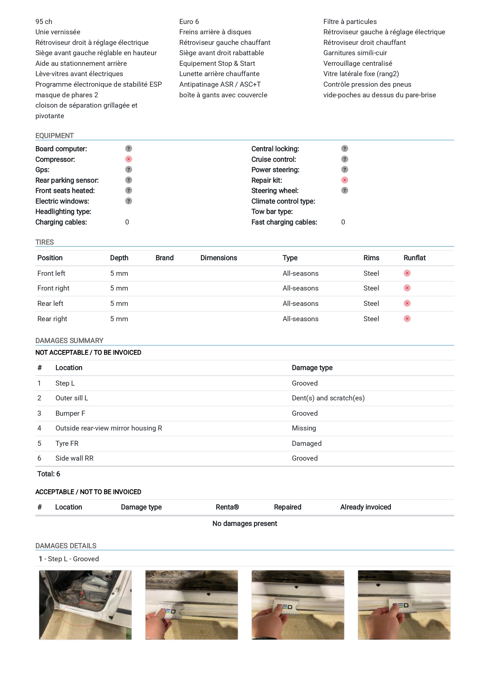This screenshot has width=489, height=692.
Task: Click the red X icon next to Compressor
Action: (128, 159)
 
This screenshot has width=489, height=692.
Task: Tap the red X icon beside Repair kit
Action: (344, 180)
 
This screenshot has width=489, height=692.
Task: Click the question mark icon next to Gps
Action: (128, 170)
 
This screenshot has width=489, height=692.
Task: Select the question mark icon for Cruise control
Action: (344, 159)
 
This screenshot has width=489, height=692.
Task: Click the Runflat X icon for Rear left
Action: (407, 303)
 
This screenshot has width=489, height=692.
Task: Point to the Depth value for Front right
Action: (119, 288)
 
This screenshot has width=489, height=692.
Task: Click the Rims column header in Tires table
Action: (371, 258)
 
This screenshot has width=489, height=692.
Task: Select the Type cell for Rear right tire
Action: (300, 319)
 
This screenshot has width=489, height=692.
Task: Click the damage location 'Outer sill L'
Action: (72, 398)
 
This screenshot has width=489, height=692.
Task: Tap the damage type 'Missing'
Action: (304, 428)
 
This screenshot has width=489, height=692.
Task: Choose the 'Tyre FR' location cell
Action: (67, 443)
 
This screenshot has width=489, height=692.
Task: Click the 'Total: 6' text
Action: (49, 474)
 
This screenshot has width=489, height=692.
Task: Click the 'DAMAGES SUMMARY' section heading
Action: (69, 341)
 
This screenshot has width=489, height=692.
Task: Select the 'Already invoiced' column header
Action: (365, 507)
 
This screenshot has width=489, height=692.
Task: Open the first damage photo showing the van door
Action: (85, 605)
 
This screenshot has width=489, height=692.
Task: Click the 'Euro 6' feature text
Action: (189, 22)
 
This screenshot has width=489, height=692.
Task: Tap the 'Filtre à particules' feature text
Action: (350, 22)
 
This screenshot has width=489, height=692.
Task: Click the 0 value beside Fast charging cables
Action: (343, 222)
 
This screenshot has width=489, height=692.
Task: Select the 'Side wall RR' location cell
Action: (74, 458)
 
